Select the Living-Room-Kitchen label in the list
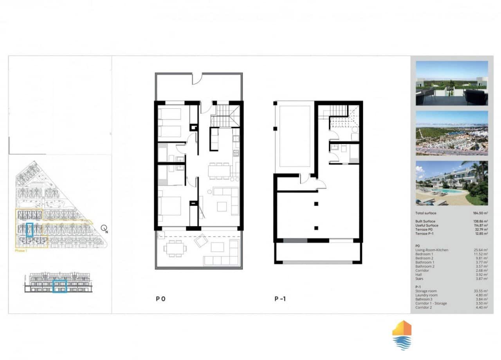click(x=432, y=250)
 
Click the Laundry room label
click(x=426, y=295)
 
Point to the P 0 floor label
click(x=160, y=299)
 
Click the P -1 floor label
click(x=280, y=299)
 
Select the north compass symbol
click(x=104, y=229)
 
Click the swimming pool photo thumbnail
click(x=452, y=183)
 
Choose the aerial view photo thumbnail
click(x=452, y=133)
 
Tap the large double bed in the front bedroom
click(x=169, y=205)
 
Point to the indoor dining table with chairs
click(x=219, y=170)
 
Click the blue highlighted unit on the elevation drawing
click(x=59, y=286)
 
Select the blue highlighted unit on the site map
click(x=29, y=230)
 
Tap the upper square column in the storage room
click(x=316, y=203)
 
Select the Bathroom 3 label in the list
click(x=424, y=299)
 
